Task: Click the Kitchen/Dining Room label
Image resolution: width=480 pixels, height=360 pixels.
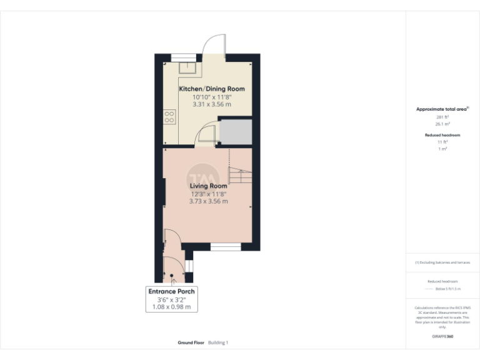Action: pos(212,89)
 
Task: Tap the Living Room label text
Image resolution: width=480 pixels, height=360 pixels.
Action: pos(208,186)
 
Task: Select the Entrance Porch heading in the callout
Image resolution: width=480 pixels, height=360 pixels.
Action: pos(171,291)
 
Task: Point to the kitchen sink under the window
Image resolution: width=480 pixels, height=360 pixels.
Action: pos(187,69)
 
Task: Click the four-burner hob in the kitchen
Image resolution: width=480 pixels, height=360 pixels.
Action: pos(169,117)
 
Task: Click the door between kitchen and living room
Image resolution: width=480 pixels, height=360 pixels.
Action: pos(205,136)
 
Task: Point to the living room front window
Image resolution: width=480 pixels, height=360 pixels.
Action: pos(226,247)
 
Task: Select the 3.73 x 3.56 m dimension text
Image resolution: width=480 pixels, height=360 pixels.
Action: pos(208,201)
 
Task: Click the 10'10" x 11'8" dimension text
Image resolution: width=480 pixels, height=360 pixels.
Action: pos(212,97)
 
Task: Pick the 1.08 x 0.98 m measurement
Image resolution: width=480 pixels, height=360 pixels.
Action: pos(171,307)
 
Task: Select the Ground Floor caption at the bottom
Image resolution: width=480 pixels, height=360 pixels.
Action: pos(190,342)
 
